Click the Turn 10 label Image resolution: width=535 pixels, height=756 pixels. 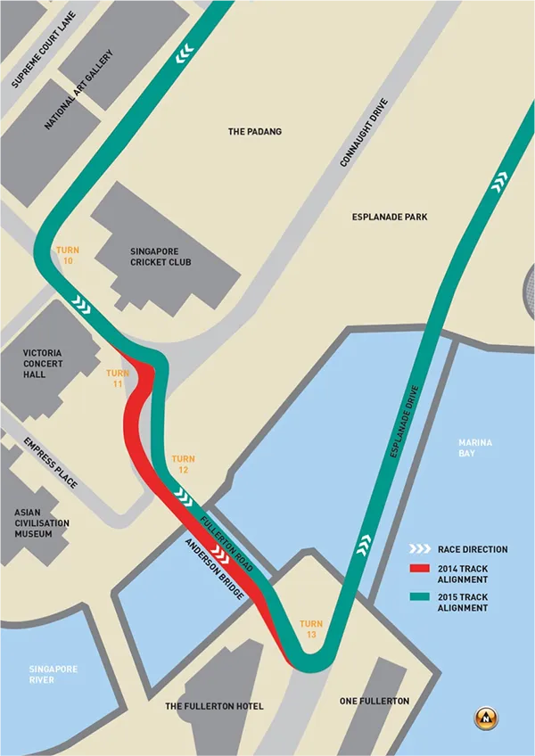[x=68, y=256]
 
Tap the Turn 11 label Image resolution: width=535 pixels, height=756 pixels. [x=118, y=379]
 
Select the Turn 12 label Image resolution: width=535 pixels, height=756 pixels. [x=183, y=464]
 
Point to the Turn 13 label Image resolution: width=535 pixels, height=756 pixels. [x=311, y=629]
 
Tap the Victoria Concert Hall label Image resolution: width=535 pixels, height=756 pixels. [x=48, y=364]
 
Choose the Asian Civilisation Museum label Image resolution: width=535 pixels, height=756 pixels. [x=41, y=522]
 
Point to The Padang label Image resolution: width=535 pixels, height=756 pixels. [x=255, y=132]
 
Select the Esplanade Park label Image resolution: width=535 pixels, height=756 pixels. [x=391, y=217]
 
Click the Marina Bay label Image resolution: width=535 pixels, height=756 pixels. [x=474, y=448]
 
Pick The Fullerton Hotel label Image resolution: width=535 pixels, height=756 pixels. [x=215, y=706]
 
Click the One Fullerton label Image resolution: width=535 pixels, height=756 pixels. [x=374, y=702]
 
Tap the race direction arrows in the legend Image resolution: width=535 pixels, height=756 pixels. [x=421, y=549]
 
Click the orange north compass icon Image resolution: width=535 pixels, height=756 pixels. [x=487, y=716]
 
